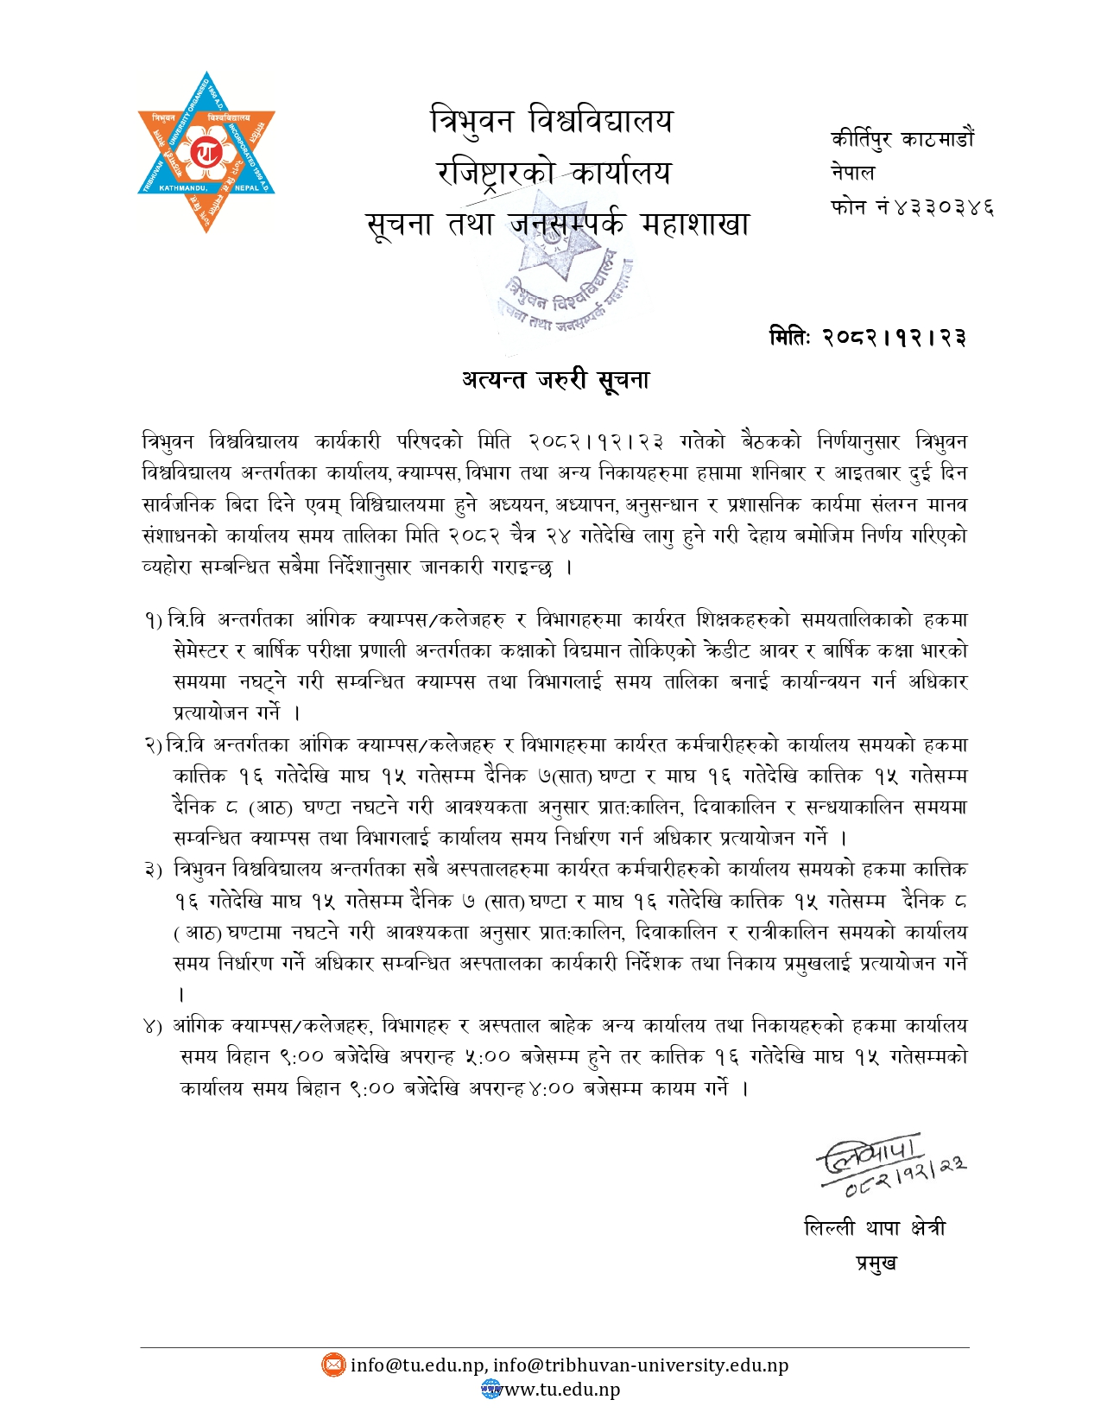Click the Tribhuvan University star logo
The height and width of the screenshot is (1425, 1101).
click(x=206, y=152)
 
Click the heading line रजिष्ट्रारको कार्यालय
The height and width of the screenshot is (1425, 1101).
click(x=554, y=173)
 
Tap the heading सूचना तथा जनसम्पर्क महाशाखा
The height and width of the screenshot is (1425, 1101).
click(x=557, y=225)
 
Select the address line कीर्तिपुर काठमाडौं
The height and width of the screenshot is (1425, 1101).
click(x=902, y=139)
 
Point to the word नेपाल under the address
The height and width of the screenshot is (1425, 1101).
click(x=852, y=173)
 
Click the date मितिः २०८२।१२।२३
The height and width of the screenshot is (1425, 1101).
click(x=867, y=337)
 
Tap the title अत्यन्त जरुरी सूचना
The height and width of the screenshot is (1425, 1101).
click(x=554, y=379)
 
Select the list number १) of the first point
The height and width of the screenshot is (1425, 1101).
click(x=153, y=620)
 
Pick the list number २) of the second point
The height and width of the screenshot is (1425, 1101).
click(x=153, y=744)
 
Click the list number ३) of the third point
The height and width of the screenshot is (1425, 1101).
click(x=153, y=870)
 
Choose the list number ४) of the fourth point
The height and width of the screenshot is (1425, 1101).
click(x=153, y=1026)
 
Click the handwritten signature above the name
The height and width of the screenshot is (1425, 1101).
click(x=889, y=1164)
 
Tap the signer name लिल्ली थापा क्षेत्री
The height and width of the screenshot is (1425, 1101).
click(x=874, y=1227)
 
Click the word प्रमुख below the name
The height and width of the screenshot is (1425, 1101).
click(x=876, y=1263)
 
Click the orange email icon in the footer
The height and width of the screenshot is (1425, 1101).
click(x=332, y=1365)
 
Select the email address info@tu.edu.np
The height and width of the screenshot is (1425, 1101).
click(x=417, y=1365)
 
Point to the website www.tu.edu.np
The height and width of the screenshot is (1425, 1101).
click(x=562, y=1390)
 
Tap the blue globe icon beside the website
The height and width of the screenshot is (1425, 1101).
click(x=490, y=1389)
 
